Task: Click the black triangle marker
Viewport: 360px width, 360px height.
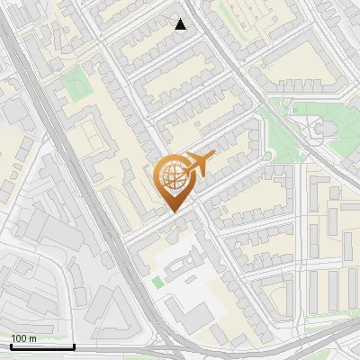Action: pos(181,24)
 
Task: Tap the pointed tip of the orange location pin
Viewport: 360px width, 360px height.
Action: pos(174,212)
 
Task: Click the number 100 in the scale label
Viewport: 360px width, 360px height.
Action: pos(20,338)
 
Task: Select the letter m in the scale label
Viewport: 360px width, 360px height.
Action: pos(33,338)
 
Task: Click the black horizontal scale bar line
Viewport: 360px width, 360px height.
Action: pos(42,346)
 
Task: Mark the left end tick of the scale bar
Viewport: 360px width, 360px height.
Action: pos(12,345)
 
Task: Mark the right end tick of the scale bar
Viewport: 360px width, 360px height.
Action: pos(74,345)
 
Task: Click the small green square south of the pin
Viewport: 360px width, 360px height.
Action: pos(158,283)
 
